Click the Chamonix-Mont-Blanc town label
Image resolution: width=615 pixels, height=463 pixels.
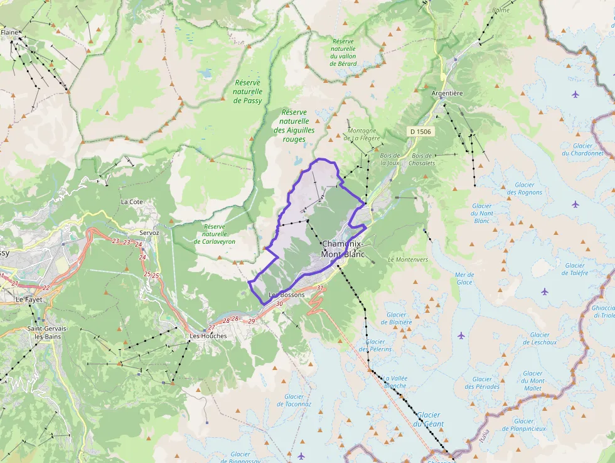point(343,249)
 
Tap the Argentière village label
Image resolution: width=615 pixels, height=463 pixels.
point(447,93)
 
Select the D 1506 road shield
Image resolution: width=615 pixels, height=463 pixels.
point(420,131)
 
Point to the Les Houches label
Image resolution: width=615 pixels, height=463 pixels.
point(208,336)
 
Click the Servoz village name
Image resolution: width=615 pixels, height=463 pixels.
point(149,232)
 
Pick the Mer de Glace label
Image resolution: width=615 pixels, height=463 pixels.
point(464,278)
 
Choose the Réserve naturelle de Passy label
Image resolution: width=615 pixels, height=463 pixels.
point(247,91)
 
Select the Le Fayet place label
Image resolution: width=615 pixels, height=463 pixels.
point(29,300)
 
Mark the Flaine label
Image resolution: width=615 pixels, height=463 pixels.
point(9,32)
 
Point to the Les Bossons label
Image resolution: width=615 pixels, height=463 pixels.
point(286,295)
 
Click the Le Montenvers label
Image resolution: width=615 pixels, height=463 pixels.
point(408,259)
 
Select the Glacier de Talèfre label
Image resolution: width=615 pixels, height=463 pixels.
point(574,269)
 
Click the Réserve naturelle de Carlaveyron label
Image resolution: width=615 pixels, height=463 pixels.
point(215,234)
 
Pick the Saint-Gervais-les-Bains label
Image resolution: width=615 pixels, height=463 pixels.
point(48,332)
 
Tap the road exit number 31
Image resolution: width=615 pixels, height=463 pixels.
point(319,288)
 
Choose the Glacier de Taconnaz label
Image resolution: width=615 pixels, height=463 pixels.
point(297,400)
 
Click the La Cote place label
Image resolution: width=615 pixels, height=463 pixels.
point(132,202)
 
